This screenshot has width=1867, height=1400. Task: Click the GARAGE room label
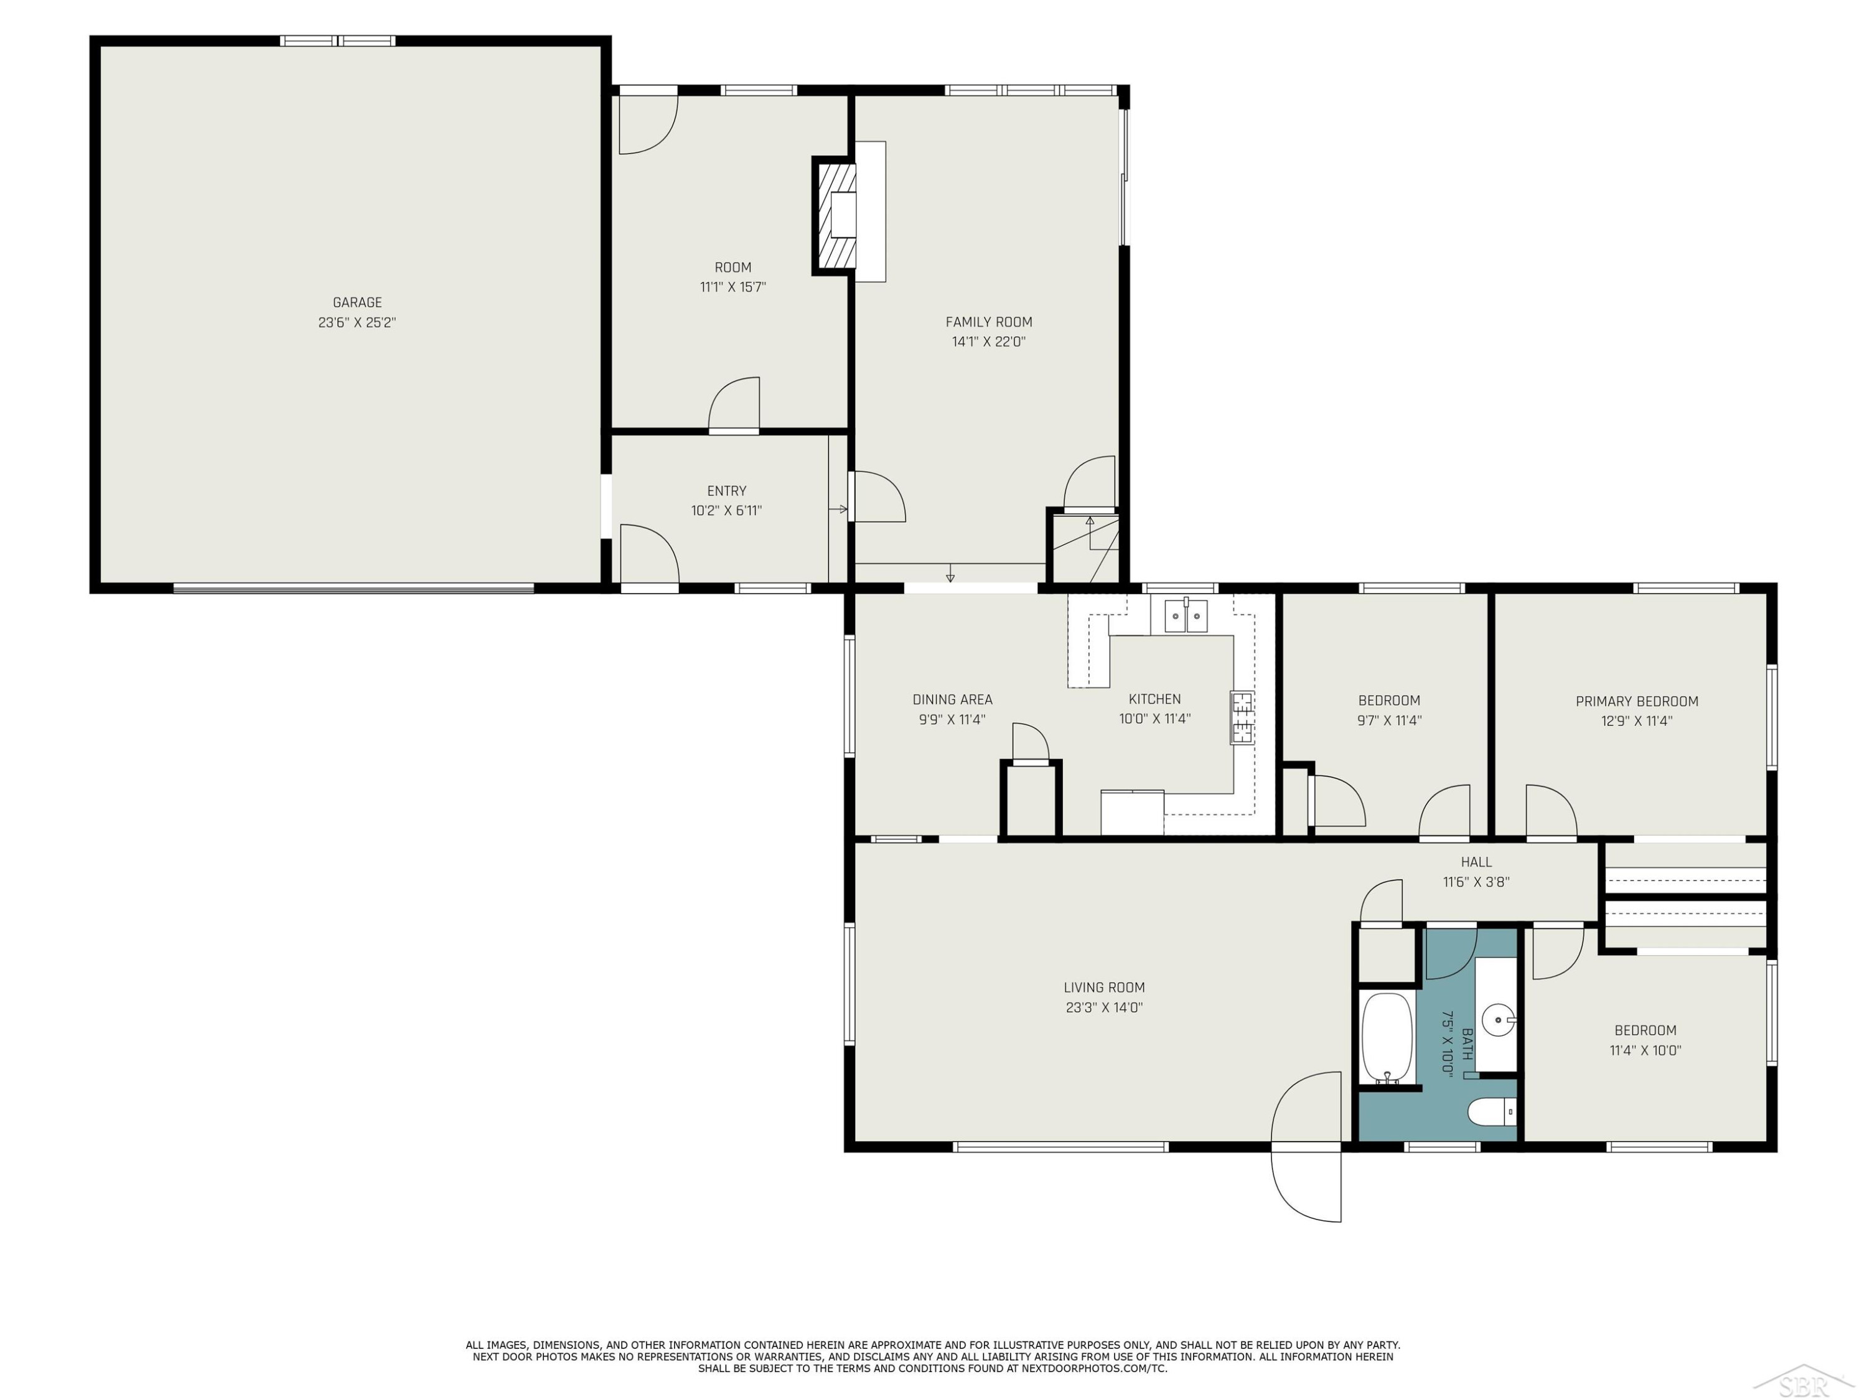tap(357, 302)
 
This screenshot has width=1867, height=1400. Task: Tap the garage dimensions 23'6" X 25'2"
tap(357, 322)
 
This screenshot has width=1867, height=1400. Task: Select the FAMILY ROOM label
tap(988, 322)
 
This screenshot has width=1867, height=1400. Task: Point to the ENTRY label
tap(727, 490)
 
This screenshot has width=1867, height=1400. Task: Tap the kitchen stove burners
tap(1241, 717)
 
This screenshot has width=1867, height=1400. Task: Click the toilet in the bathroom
tap(1491, 1113)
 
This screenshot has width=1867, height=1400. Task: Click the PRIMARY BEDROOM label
tap(1637, 701)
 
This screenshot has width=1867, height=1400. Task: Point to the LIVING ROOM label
tap(1104, 987)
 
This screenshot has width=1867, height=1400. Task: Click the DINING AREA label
tap(952, 699)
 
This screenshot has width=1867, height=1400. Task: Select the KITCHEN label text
tap(1154, 699)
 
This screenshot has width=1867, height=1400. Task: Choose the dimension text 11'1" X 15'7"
tap(732, 287)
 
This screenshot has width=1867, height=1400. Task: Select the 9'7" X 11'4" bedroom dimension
tap(1388, 721)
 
